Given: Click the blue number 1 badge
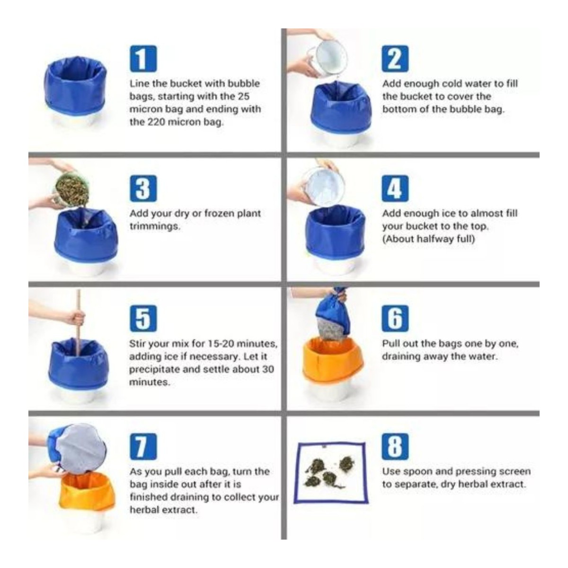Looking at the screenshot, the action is tap(143, 59).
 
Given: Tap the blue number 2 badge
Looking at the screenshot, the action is tap(395, 59).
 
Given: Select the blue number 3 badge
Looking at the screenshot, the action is tap(143, 188).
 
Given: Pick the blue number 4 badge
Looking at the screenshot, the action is tap(395, 188).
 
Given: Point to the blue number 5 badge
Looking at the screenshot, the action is tap(143, 319).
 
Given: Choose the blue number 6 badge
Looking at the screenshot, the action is tap(395, 319).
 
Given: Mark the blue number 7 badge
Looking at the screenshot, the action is tap(143, 446).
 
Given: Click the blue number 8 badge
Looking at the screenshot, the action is tap(395, 446).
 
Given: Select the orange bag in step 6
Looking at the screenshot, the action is tap(332, 358).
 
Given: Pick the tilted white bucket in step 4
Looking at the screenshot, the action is tap(324, 187).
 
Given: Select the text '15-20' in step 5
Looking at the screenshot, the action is tap(221, 344).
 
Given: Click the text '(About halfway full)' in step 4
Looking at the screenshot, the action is tap(428, 239).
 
